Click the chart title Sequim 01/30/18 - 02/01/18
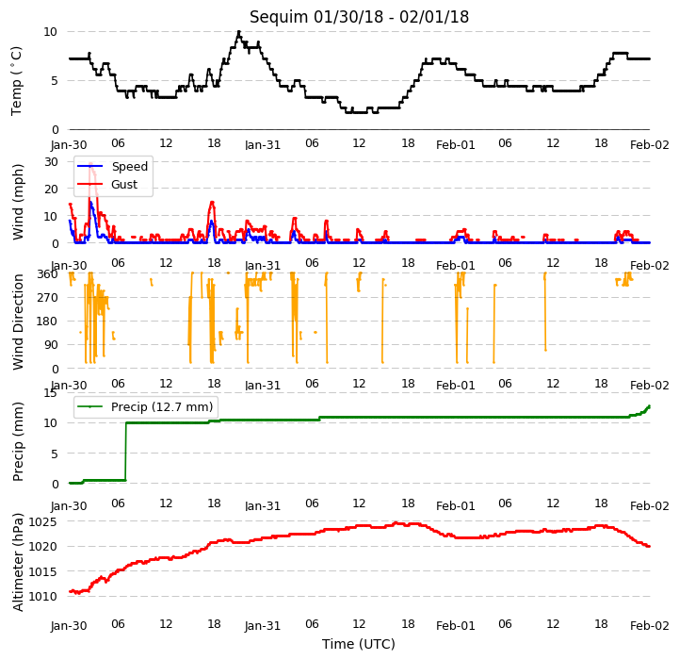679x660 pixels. coord(359,17)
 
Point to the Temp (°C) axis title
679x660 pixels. coord(16,81)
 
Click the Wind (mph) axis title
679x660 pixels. coord(18,202)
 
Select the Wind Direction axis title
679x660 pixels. coord(18,322)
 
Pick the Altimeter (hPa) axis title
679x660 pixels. coord(18,563)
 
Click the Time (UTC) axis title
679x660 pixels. coord(359,644)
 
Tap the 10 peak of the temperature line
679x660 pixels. coord(238,32)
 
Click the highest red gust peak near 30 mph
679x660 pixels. coord(91,164)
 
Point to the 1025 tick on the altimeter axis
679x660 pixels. coord(43,521)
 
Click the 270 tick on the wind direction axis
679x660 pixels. coord(48,298)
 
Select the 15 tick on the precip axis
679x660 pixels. coord(50,393)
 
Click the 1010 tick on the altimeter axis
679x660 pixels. coord(43,596)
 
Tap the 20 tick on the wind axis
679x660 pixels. coord(51,189)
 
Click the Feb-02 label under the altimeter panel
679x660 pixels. coord(650,626)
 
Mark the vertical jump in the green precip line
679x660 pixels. coord(125,452)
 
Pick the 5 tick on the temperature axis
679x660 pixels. coord(55,81)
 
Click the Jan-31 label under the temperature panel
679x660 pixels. coord(263,145)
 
